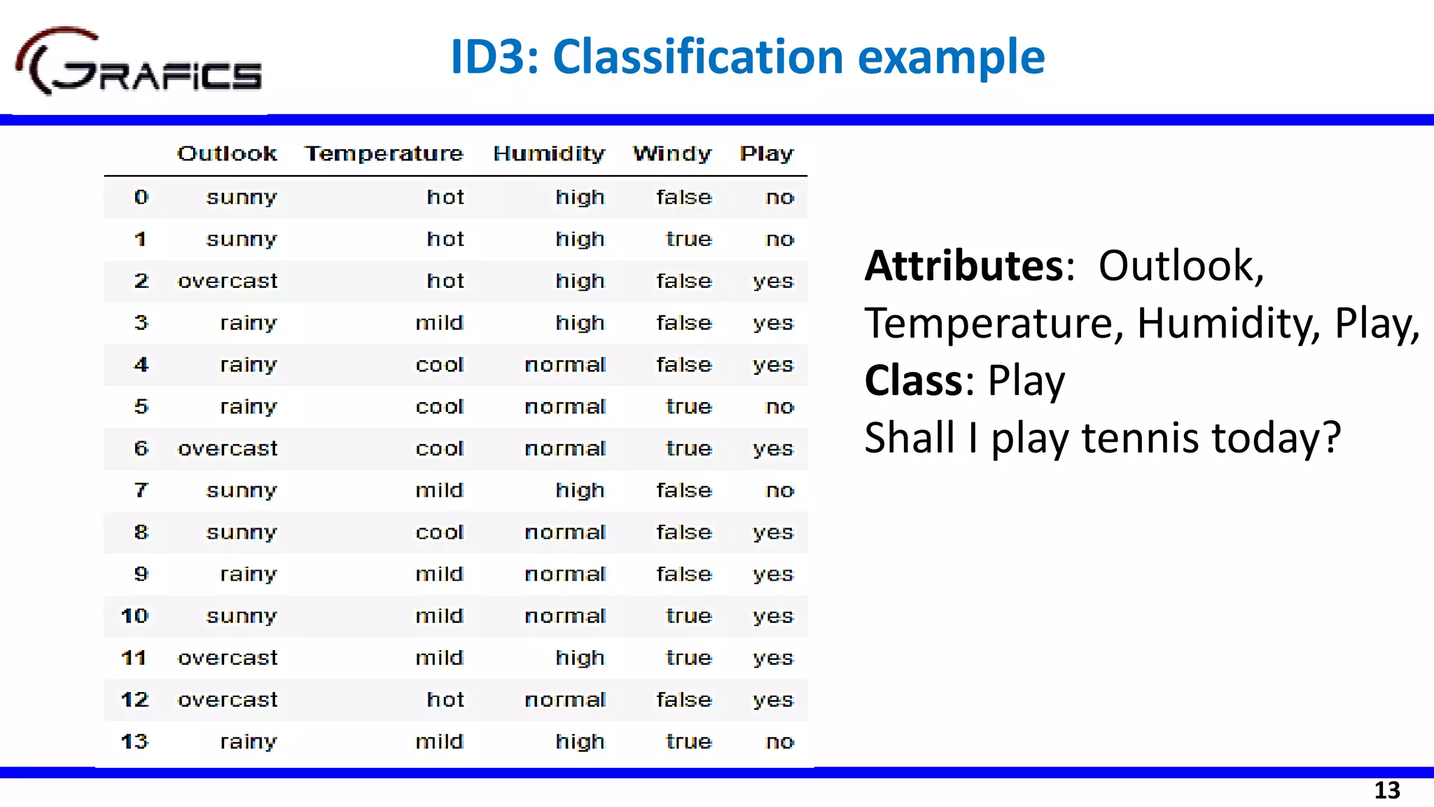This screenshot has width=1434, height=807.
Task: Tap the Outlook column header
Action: click(227, 153)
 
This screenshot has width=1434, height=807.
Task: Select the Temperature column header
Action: click(384, 153)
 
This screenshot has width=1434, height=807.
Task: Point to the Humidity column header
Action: click(549, 153)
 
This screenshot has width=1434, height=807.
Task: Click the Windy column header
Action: click(672, 153)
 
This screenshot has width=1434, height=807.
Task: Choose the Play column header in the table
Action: click(767, 153)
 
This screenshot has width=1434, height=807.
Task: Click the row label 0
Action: click(141, 198)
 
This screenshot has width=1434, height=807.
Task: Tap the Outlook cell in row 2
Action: click(228, 282)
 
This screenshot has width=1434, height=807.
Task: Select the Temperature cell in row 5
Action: click(440, 407)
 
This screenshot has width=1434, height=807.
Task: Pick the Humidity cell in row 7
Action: click(580, 490)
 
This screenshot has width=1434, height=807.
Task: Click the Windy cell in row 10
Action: click(689, 616)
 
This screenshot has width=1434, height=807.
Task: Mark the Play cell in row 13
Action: click(780, 742)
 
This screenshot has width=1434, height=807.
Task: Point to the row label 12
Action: click(134, 700)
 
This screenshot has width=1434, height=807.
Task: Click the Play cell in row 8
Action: click(773, 532)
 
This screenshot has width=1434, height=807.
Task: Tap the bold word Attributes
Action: click(964, 266)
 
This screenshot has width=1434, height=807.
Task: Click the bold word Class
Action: click(914, 381)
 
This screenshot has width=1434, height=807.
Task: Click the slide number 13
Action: click(1386, 790)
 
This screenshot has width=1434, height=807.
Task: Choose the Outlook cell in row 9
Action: click(249, 574)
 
